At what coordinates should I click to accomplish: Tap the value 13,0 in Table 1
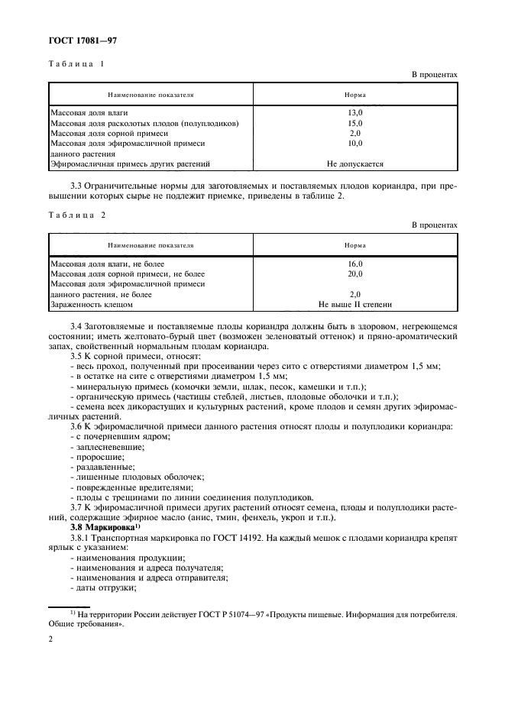click(x=354, y=112)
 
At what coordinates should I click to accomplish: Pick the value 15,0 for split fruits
click(x=354, y=122)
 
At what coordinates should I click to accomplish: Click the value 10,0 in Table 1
click(x=354, y=143)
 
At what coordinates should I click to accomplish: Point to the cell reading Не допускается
click(x=354, y=163)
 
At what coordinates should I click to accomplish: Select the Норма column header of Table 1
click(x=354, y=95)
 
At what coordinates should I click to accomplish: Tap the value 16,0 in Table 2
click(x=354, y=264)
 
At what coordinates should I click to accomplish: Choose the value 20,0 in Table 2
click(x=354, y=273)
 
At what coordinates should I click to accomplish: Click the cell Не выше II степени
click(x=354, y=304)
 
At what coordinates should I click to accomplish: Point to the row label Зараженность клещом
click(x=91, y=304)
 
